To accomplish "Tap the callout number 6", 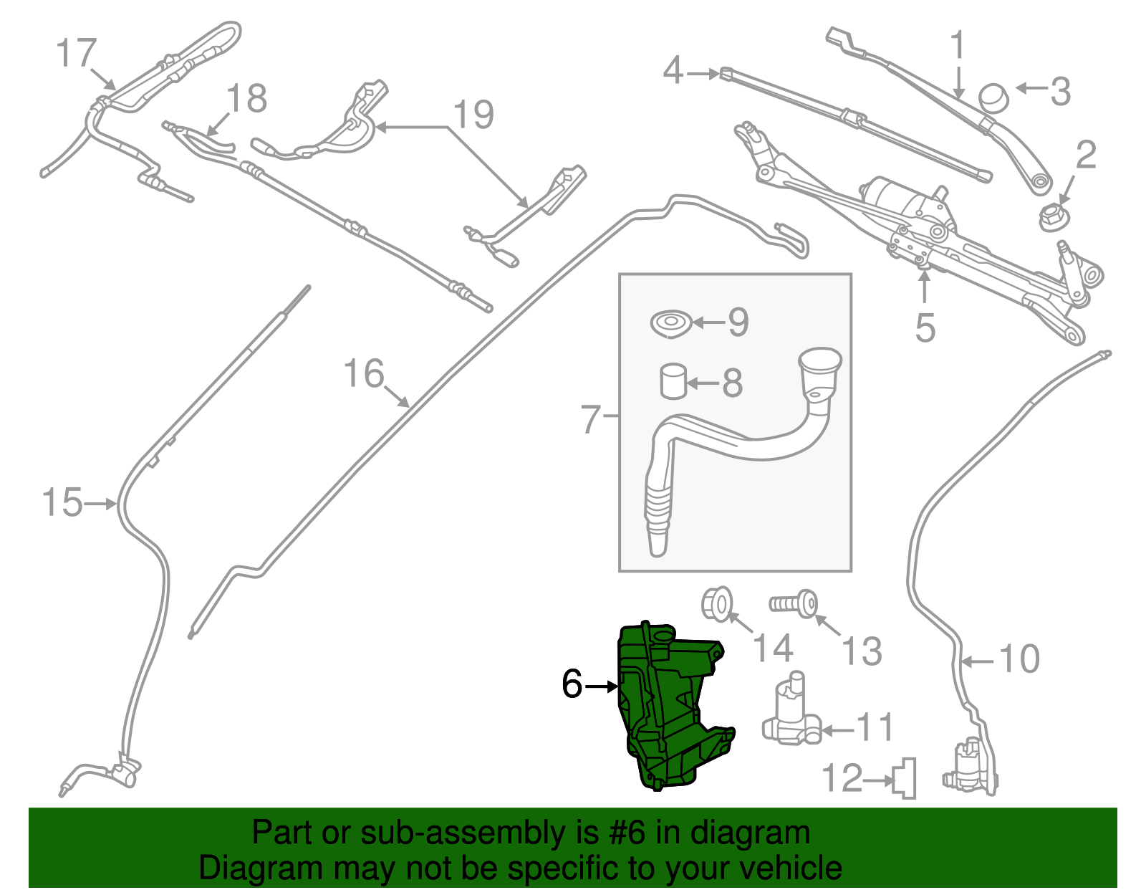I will click(572, 684).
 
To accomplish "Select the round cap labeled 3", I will click(993, 97).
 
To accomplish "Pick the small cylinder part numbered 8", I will click(673, 381).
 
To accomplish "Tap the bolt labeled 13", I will click(795, 604).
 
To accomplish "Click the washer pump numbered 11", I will click(791, 713).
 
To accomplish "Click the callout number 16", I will click(364, 373).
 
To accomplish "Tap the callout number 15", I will click(62, 502).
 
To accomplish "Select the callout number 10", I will click(1019, 659).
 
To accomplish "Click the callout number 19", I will click(473, 115).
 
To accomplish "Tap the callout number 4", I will click(673, 70).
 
